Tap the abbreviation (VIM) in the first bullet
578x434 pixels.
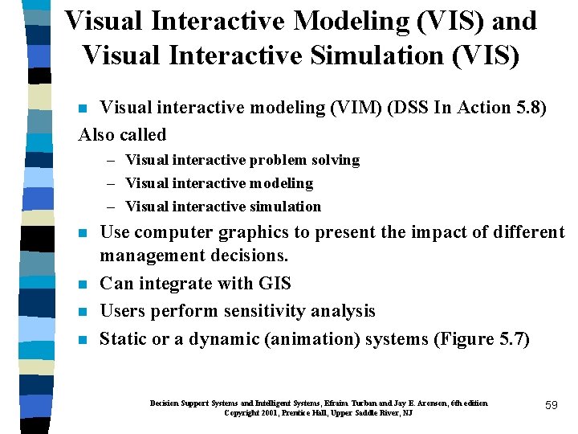point(324,108)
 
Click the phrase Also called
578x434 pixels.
point(122,134)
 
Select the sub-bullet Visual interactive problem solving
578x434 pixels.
point(242,160)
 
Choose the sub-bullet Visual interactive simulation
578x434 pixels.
point(223,207)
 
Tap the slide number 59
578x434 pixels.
point(551,406)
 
